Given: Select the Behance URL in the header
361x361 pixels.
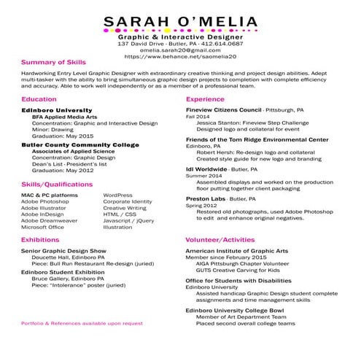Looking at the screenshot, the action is point(180,55).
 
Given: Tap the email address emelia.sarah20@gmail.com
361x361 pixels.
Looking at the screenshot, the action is point(180,50).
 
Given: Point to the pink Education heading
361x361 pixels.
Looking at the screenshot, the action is point(39,98).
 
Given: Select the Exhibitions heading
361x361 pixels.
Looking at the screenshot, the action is point(40,239).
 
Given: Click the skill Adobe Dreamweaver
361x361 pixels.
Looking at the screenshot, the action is point(49,220).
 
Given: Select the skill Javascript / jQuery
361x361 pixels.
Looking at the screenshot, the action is point(128,220).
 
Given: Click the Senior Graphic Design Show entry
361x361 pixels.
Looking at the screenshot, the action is point(63,251).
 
